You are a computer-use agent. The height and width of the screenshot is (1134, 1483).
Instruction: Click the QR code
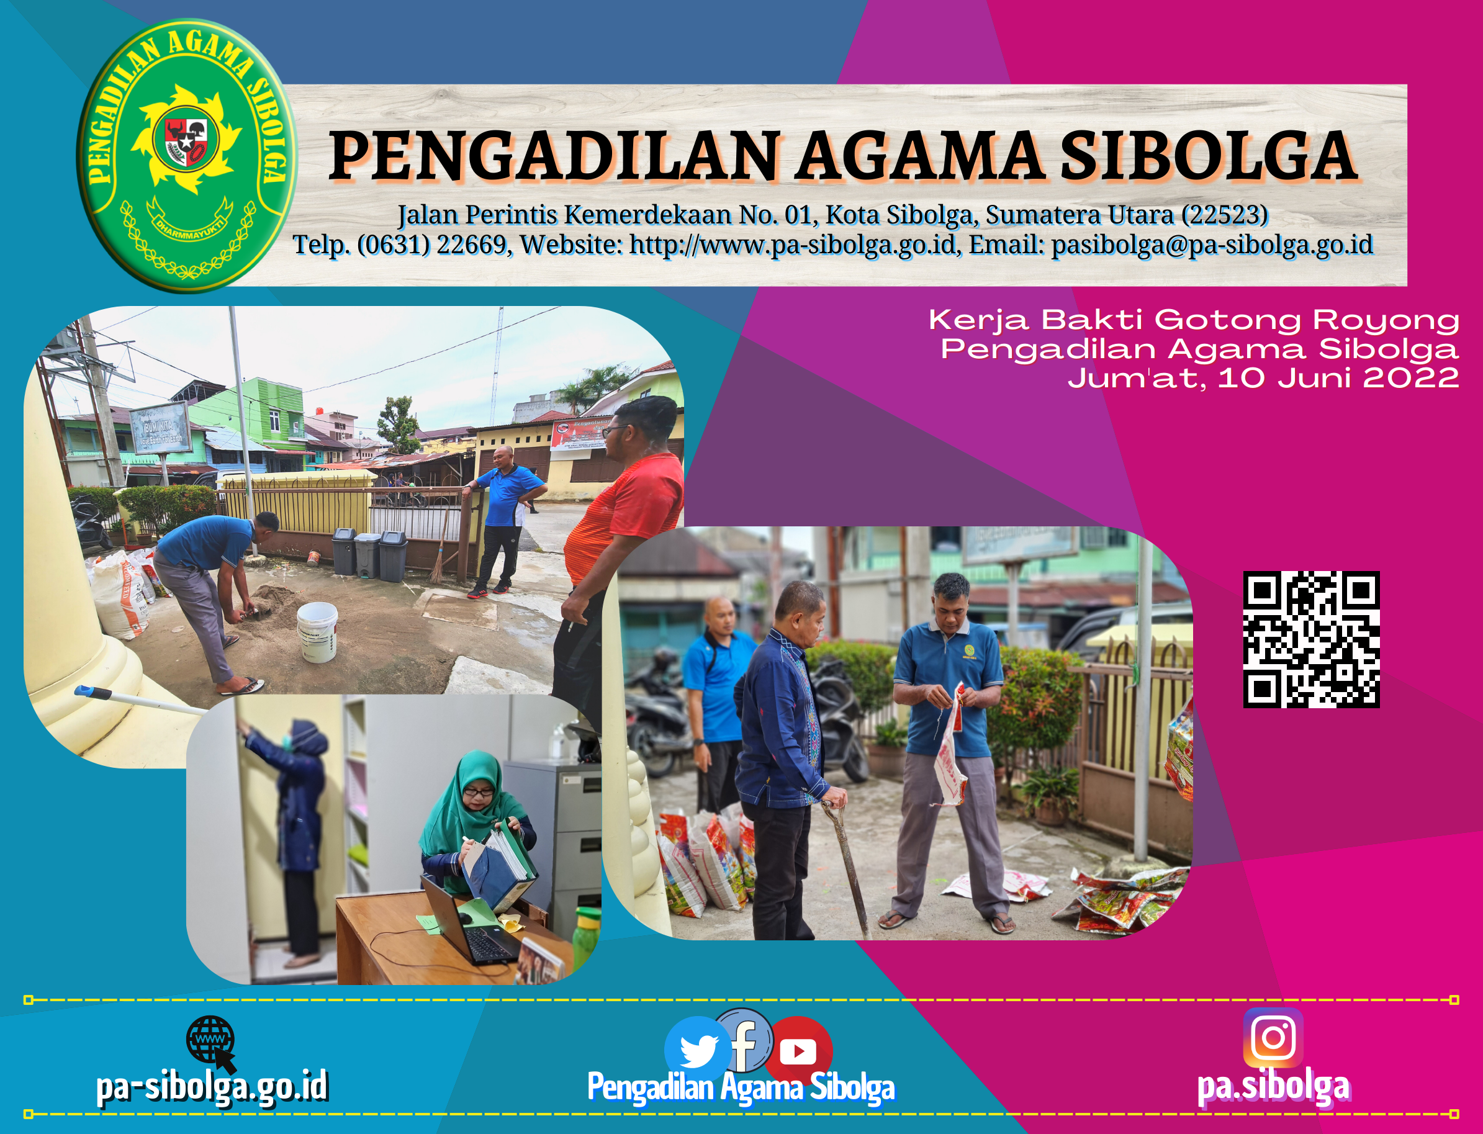click(1311, 639)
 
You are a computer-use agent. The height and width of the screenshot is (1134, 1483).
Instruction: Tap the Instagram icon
click(1273, 1037)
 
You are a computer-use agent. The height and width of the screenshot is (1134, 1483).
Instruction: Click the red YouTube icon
click(798, 1050)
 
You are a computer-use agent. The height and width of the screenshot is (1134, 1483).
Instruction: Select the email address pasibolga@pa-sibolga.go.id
click(1212, 245)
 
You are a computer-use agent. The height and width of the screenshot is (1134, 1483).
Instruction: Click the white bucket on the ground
click(317, 632)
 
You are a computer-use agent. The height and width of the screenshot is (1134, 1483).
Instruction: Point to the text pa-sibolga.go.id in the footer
click(212, 1086)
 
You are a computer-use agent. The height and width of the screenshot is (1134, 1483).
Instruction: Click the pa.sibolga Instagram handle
click(1273, 1086)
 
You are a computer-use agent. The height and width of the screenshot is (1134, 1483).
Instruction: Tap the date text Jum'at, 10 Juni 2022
click(1263, 378)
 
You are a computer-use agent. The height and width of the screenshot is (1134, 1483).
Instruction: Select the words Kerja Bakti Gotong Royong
click(1194, 320)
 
